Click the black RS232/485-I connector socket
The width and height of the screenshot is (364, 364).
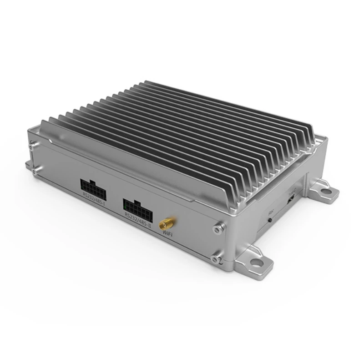pos(94,185)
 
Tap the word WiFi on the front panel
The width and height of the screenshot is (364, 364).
pos(167,235)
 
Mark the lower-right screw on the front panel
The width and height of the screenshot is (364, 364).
pos(215,259)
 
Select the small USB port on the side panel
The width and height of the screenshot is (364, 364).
pos(290,199)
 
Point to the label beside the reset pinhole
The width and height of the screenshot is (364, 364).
pos(271,212)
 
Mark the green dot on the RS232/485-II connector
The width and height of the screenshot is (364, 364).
pos(125,206)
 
